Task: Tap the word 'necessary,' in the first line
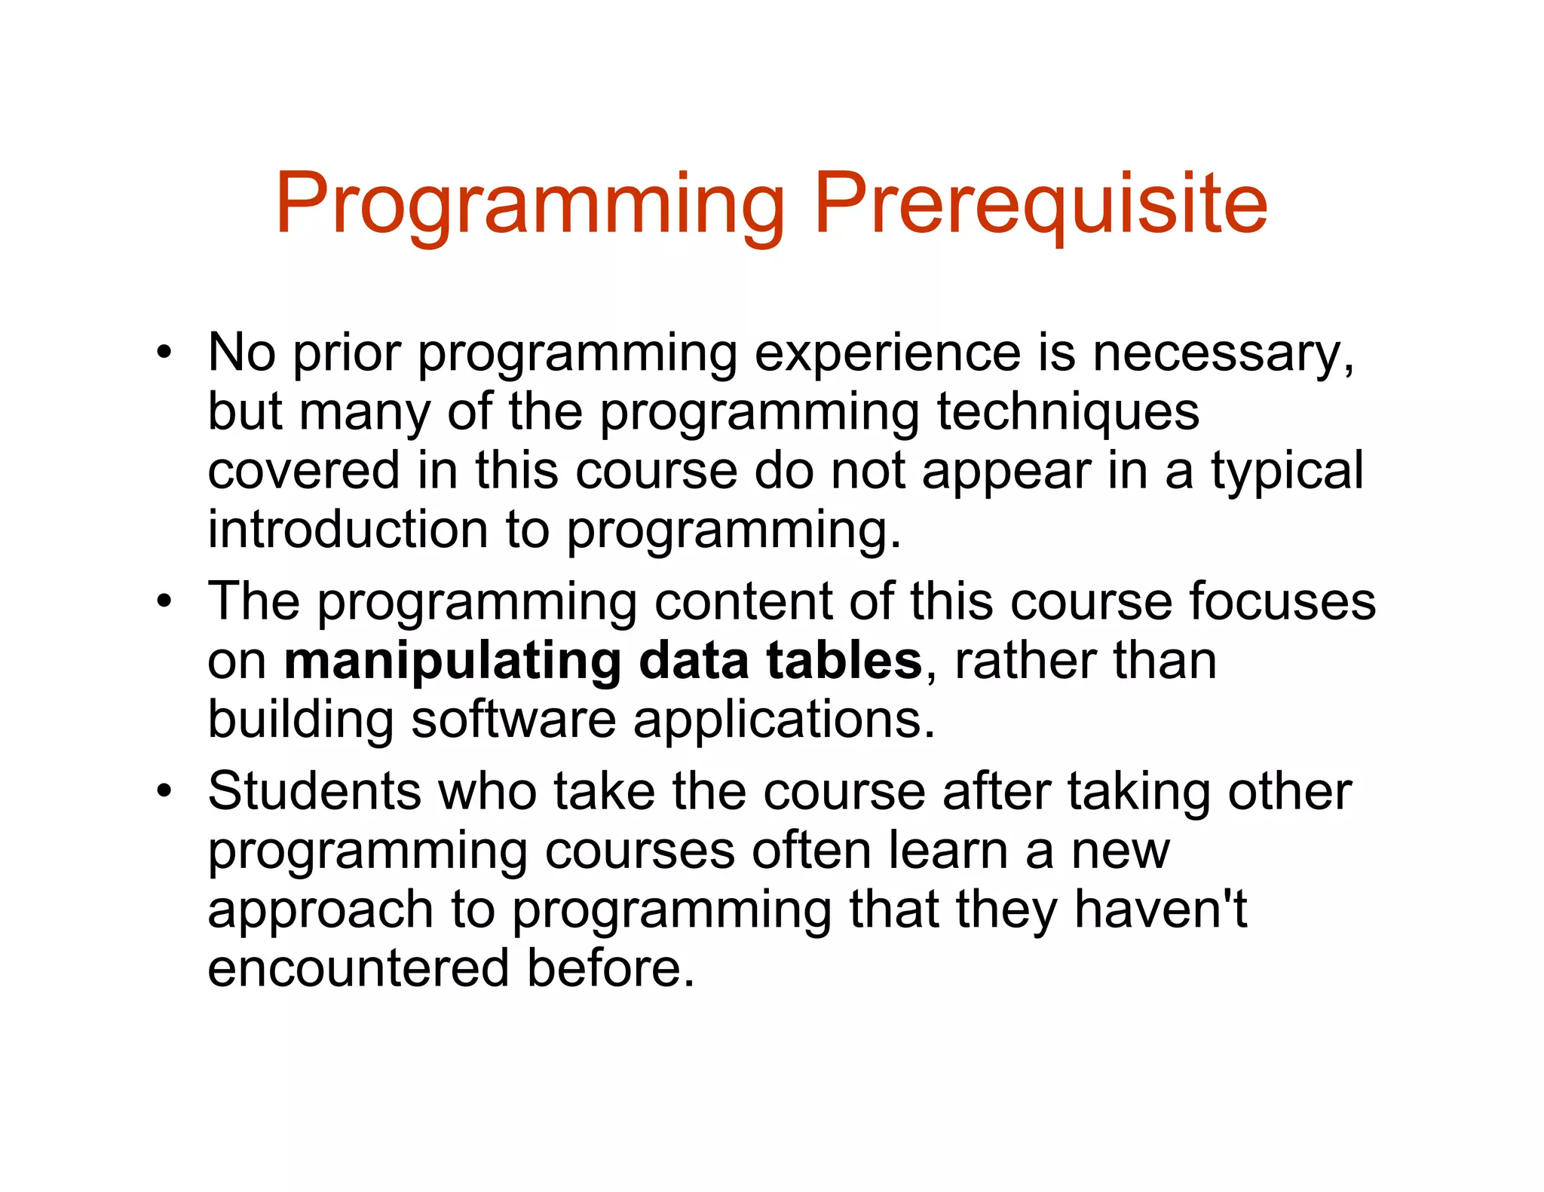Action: click(x=1223, y=354)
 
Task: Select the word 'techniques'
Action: click(x=1068, y=413)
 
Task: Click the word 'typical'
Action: click(x=1287, y=472)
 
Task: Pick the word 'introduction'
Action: click(x=348, y=529)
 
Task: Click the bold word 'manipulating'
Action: click(x=452, y=662)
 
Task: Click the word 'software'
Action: click(x=513, y=719)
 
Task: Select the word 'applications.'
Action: click(x=784, y=720)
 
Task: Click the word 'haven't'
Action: click(x=1161, y=909)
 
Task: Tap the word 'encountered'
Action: click(x=358, y=968)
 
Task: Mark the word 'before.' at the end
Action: click(x=610, y=968)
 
